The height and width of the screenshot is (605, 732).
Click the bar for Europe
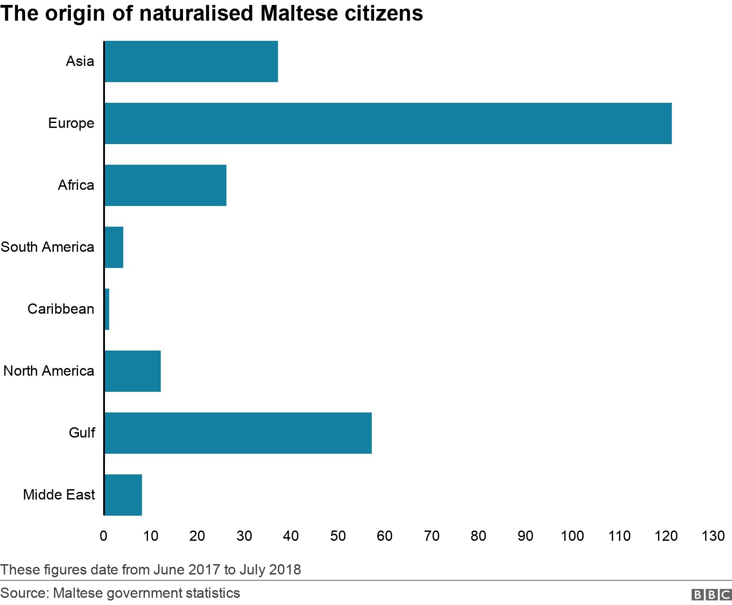point(388,123)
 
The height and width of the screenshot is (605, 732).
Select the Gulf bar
point(238,433)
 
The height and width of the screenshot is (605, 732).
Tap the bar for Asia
point(191,61)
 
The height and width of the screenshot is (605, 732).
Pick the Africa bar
point(166,185)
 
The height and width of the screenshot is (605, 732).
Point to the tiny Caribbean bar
point(107,309)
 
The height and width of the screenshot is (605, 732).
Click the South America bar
point(114,247)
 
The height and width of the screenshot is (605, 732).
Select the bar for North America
point(133,371)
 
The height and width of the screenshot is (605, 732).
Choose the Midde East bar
point(123,495)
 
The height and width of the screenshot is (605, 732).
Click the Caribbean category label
point(61,309)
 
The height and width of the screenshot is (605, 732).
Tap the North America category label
point(49,371)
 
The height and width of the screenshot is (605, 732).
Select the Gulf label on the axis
point(82,433)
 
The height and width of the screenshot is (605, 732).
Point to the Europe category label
point(71,123)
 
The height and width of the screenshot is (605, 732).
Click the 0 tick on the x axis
point(104,536)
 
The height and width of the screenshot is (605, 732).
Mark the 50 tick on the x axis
point(338,536)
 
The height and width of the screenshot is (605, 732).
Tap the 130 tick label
point(713,536)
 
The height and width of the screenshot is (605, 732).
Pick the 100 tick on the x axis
point(572,536)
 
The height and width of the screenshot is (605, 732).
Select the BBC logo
point(711,595)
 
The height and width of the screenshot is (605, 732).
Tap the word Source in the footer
point(24,593)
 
